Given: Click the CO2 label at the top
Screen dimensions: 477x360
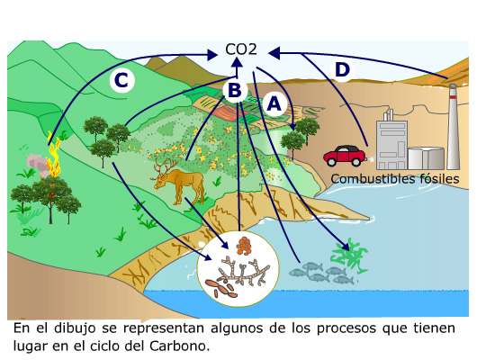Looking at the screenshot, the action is [x=241, y=49].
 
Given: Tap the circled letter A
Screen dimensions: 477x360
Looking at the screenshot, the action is [x=274, y=104].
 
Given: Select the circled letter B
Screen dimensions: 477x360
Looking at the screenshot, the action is [x=235, y=90].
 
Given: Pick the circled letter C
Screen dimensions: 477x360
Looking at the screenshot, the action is [x=121, y=81].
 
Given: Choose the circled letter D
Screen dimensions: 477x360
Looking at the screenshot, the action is [x=342, y=69].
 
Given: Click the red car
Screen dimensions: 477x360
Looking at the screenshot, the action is [x=345, y=156].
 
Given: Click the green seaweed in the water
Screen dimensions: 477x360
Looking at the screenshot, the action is [x=349, y=256].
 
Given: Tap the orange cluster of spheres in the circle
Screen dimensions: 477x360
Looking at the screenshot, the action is [x=244, y=246].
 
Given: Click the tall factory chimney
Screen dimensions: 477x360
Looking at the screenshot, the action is [x=453, y=126].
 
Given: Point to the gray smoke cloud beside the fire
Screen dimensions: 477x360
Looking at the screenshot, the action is [x=38, y=164].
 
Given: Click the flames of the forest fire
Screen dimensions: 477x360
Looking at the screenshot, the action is [x=54, y=155].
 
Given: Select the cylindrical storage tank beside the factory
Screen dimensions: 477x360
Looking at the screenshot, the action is [x=426, y=157].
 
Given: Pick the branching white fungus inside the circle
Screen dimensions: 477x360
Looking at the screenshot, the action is [x=243, y=272].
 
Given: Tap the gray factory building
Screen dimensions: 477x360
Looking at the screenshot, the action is [x=391, y=145].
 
